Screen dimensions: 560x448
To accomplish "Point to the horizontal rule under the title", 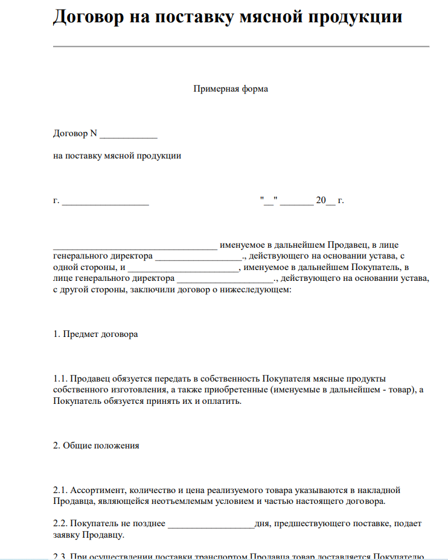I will tap(241, 46).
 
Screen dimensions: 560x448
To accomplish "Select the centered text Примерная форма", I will tap(231, 89).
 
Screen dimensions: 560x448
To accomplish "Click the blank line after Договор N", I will tap(129, 134).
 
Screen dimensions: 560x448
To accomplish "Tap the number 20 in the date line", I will tap(320, 200).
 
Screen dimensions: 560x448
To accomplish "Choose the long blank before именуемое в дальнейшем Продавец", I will tap(135, 246).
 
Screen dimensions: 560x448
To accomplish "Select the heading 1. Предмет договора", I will tap(95, 334).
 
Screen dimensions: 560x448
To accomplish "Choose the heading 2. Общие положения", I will tap(96, 445).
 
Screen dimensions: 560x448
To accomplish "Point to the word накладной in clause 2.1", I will tap(381, 490).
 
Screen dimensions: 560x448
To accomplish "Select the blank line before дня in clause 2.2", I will tap(211, 524).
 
